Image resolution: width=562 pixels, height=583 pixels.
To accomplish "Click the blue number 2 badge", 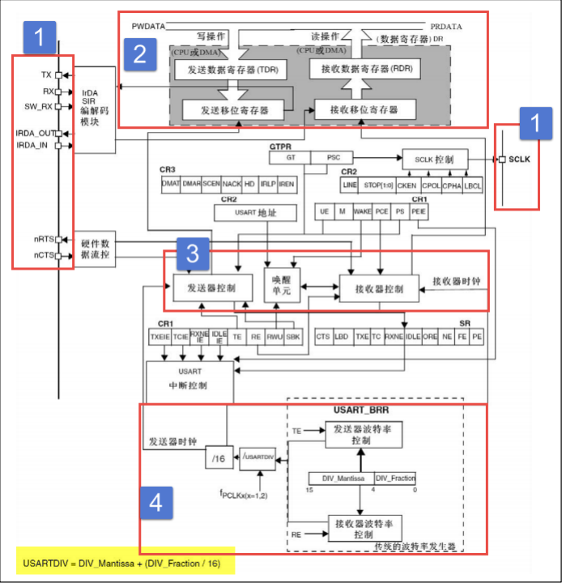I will (x=138, y=53).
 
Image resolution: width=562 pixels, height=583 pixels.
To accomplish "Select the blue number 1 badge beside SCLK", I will (x=534, y=122).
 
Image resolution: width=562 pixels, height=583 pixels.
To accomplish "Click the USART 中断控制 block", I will (x=190, y=379).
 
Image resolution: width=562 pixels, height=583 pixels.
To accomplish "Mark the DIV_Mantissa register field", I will (x=341, y=479).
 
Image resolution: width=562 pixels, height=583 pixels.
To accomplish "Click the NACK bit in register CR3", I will (x=232, y=185).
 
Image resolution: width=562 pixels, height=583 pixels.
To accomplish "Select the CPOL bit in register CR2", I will (x=431, y=185).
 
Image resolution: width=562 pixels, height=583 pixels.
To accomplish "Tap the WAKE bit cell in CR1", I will (x=362, y=211).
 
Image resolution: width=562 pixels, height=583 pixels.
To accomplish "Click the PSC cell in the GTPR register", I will (x=334, y=157).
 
